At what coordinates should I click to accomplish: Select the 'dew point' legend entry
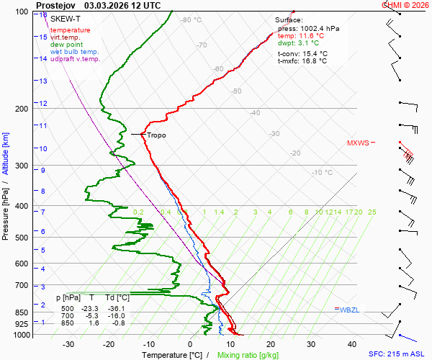(x=66, y=45)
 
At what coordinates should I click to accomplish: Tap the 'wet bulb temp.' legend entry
(x=74, y=52)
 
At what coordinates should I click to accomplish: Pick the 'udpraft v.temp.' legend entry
(x=75, y=59)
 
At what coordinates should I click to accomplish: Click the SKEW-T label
(x=65, y=18)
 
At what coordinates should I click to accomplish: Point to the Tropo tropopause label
(x=156, y=135)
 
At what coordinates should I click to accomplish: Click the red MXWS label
(x=357, y=143)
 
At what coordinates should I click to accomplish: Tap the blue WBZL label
(x=348, y=309)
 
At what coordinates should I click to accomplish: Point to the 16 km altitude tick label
(x=43, y=14)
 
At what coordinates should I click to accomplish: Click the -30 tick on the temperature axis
(x=68, y=344)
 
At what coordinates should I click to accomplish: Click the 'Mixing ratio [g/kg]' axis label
(x=248, y=355)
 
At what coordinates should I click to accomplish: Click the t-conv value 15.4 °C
(x=314, y=53)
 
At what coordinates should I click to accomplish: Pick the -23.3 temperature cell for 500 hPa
(x=91, y=309)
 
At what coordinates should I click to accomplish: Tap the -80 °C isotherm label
(x=192, y=20)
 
